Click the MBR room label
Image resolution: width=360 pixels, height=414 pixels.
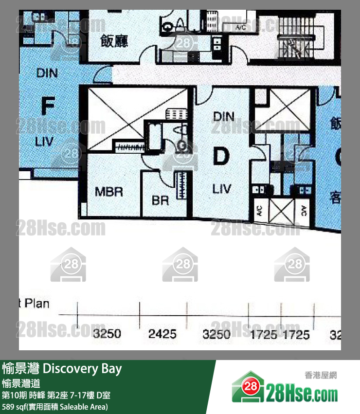(x=109, y=192)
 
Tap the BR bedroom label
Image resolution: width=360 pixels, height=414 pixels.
(x=160, y=200)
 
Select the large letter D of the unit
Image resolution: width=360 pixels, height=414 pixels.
(x=221, y=157)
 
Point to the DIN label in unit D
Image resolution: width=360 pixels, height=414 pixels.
(x=224, y=117)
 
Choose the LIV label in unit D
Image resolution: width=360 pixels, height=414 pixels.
(x=222, y=188)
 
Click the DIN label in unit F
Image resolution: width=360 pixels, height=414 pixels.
(x=47, y=73)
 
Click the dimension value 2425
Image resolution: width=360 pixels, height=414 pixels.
(x=162, y=334)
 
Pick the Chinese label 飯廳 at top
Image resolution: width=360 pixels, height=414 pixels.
(x=114, y=41)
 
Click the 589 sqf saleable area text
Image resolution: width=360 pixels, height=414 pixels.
(x=55, y=406)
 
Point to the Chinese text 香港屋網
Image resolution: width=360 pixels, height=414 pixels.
(x=321, y=375)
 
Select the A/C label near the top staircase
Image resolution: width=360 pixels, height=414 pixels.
(x=241, y=28)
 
